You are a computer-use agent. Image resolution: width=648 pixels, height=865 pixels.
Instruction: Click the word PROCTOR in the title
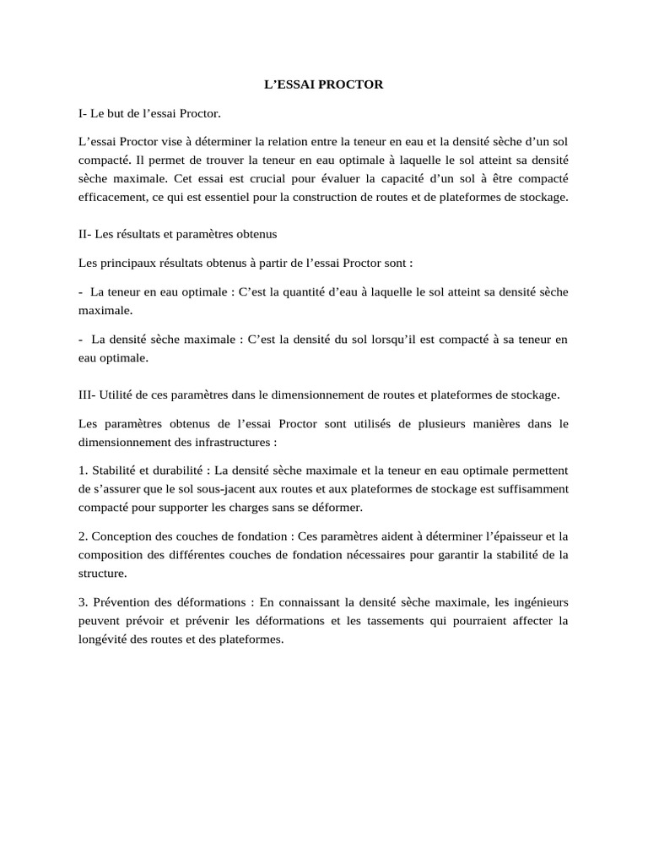(353, 84)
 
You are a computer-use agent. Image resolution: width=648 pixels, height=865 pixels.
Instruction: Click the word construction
(395, 198)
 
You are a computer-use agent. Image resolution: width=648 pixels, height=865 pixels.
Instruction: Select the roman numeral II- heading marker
(86, 232)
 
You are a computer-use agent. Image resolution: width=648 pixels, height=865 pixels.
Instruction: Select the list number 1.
(82, 471)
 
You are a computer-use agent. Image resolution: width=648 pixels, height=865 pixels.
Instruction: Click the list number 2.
(82, 536)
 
